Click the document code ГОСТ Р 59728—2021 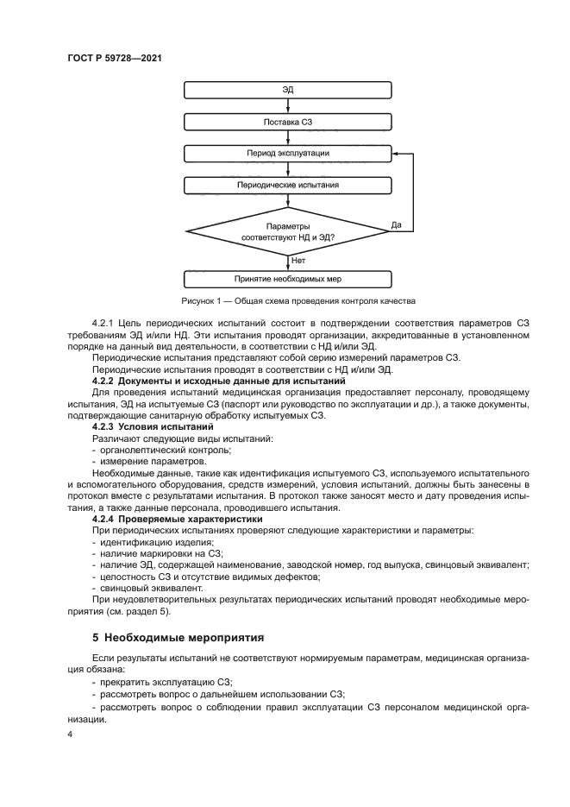116,58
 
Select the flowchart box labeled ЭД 288,90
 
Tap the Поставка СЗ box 288,122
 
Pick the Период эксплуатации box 288,154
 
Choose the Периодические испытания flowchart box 288,185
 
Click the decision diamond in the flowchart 288,230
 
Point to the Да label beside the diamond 397,225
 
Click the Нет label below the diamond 299,260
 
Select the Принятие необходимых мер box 288,280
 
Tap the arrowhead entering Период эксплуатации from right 395,154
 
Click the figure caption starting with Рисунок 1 298,301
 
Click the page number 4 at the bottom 70,733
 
